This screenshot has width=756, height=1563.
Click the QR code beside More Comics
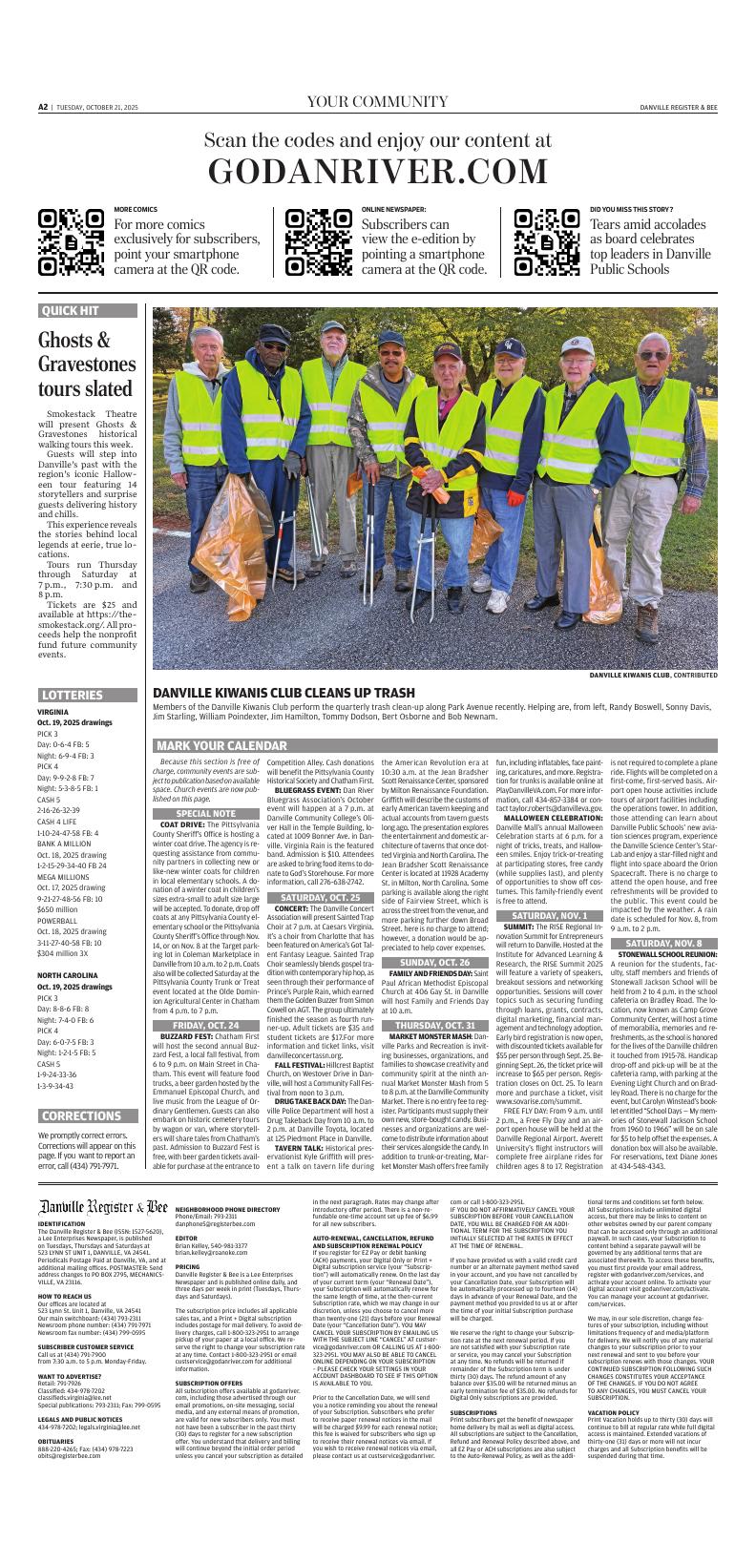tap(71, 242)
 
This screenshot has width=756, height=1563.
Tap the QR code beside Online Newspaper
tap(319, 242)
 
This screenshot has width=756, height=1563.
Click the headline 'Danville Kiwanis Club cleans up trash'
tap(283, 693)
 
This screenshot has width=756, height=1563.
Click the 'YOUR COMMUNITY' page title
tap(377, 102)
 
